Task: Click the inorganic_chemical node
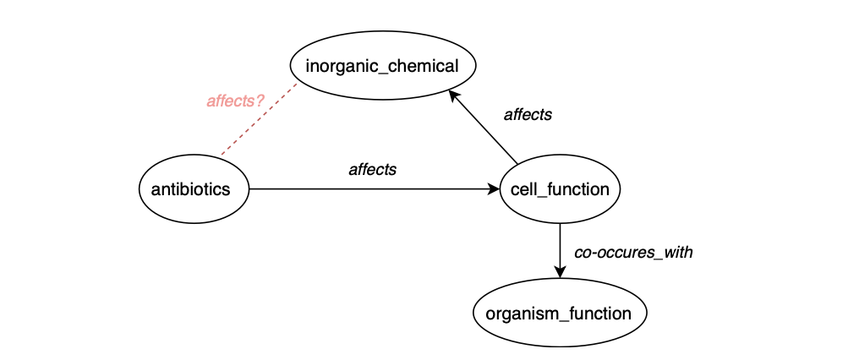point(382,65)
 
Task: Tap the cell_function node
point(560,189)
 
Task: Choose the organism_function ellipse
point(560,314)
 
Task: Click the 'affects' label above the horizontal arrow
point(373,169)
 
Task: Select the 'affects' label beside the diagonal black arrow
point(528,114)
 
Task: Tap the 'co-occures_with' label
point(633,252)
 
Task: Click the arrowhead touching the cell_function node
point(494,189)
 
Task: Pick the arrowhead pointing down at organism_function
point(560,270)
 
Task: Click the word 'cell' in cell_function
point(523,189)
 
